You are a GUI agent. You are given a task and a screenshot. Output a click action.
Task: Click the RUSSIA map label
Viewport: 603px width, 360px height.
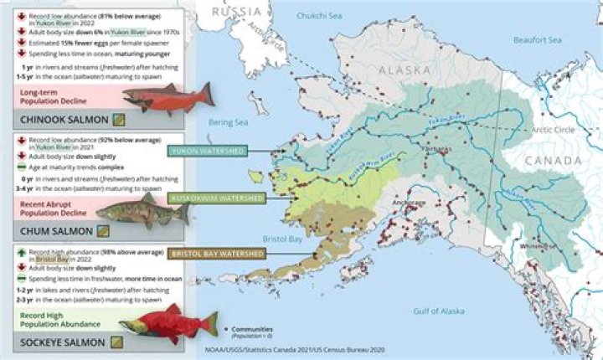coord(238,11)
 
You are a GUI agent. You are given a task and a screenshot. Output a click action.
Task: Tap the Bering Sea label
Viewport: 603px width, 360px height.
coord(229,122)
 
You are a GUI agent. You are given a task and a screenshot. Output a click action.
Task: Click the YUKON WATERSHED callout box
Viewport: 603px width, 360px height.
coord(207,152)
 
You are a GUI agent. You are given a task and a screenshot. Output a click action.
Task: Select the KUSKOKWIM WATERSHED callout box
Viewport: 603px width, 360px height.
coord(217,198)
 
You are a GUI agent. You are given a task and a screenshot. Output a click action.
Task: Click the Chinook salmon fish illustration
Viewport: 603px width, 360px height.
coord(167,98)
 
